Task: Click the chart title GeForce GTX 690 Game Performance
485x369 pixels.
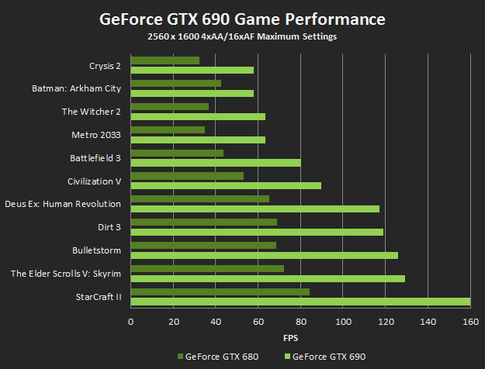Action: pyautogui.click(x=242, y=19)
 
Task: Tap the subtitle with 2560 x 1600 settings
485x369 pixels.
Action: pyautogui.click(x=242, y=36)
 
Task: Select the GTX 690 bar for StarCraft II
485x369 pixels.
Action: pyautogui.click(x=300, y=302)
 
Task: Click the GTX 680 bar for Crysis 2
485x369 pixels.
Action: pyautogui.click(x=165, y=60)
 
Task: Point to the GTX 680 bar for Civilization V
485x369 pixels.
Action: pyautogui.click(x=187, y=175)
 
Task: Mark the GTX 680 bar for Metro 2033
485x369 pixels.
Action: pyautogui.click(x=168, y=129)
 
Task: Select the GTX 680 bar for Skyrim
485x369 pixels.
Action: pyautogui.click(x=207, y=268)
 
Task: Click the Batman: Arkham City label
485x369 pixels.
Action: pyautogui.click(x=76, y=88)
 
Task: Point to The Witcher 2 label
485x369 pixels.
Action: pyautogui.click(x=91, y=112)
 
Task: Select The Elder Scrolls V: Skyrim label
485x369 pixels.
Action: pyautogui.click(x=65, y=273)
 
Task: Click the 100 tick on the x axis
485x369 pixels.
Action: pyautogui.click(x=343, y=321)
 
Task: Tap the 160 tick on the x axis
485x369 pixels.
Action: pyautogui.click(x=470, y=321)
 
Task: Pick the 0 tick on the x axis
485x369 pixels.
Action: pyautogui.click(x=131, y=321)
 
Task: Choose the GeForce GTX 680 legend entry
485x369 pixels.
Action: pyautogui.click(x=218, y=357)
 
